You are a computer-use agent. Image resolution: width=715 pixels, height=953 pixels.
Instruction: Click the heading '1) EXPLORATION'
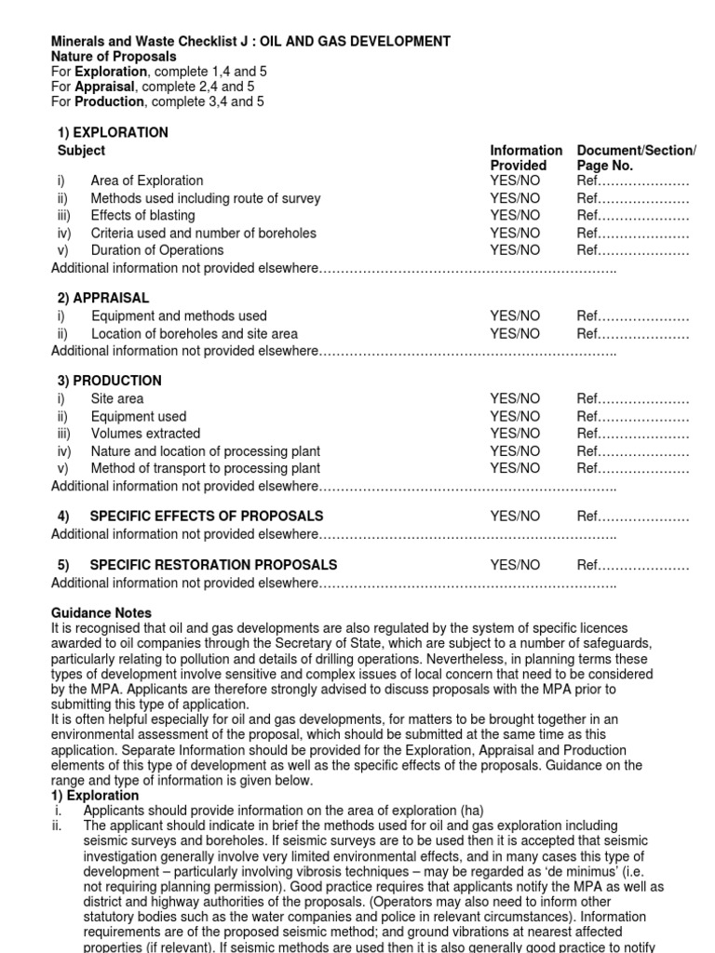click(113, 132)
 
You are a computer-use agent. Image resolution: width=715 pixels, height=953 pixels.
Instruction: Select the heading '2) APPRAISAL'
click(102, 298)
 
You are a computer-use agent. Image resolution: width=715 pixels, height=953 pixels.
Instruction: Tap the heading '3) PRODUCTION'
click(109, 381)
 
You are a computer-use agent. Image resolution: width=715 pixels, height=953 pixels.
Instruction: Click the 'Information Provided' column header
click(526, 157)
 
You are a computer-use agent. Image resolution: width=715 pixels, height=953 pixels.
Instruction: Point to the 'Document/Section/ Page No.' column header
click(636, 157)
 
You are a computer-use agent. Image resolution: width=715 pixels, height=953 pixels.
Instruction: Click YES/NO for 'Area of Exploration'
click(515, 181)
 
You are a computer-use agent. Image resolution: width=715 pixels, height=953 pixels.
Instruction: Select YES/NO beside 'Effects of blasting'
click(515, 215)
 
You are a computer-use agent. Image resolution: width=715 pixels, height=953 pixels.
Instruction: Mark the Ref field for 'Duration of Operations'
click(632, 249)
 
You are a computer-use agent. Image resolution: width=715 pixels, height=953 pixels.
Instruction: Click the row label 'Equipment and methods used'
click(179, 315)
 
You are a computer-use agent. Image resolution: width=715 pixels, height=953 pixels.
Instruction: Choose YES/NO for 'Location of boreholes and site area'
click(515, 333)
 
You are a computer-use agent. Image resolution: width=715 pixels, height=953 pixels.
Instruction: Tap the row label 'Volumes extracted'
click(145, 433)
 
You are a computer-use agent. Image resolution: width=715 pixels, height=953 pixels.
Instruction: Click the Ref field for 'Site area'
click(632, 398)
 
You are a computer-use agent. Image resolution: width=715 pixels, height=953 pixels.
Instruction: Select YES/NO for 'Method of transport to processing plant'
click(515, 468)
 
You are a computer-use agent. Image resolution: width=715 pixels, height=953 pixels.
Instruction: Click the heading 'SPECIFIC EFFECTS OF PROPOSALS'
click(206, 516)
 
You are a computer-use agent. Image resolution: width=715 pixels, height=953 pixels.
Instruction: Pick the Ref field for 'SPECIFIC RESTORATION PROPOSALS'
click(632, 565)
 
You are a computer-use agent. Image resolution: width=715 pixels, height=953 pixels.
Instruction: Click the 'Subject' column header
click(81, 150)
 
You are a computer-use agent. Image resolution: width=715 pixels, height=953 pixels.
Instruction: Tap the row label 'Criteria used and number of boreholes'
click(203, 233)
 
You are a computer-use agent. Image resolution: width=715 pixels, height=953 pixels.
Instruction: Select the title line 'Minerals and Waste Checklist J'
click(149, 41)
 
